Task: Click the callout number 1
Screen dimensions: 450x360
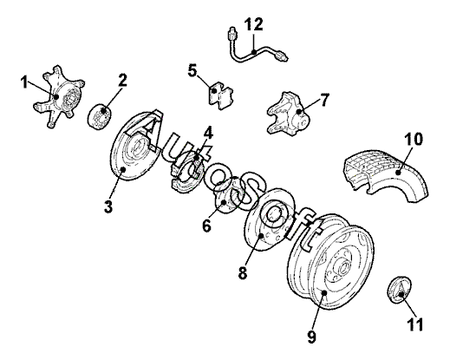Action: (24, 82)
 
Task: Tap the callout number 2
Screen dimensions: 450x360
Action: (122, 80)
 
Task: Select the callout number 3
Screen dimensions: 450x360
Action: (108, 206)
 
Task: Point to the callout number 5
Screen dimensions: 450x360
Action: (192, 71)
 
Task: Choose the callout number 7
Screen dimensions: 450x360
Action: (324, 100)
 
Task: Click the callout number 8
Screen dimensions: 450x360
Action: (243, 272)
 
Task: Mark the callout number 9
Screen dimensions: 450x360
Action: (311, 337)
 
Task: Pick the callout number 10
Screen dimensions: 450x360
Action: (414, 139)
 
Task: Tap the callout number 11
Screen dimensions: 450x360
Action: (415, 324)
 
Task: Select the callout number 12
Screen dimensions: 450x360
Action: (254, 24)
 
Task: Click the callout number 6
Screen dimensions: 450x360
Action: (207, 226)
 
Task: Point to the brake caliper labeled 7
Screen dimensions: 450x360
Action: (289, 114)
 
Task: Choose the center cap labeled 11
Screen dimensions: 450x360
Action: (399, 290)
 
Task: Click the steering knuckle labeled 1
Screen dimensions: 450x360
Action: (58, 96)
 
